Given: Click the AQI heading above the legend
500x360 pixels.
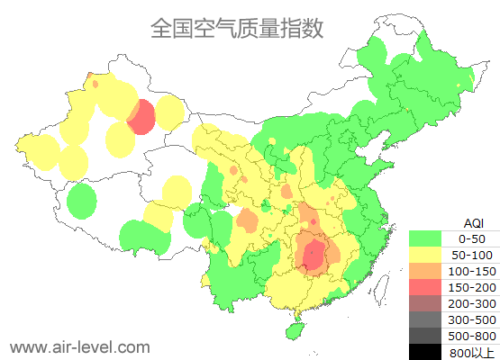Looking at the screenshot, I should click(472, 222).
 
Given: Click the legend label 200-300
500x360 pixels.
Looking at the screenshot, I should click(472, 303).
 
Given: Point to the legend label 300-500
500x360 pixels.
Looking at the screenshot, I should click(472, 319).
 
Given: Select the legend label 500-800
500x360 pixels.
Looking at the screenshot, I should click(472, 336).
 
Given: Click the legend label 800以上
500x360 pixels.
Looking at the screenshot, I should click(472, 352).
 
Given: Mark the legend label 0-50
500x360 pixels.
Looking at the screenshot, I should click(472, 238).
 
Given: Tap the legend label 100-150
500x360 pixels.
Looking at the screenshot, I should click(472, 271).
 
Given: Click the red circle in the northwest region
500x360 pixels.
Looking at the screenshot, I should click(141, 118).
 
